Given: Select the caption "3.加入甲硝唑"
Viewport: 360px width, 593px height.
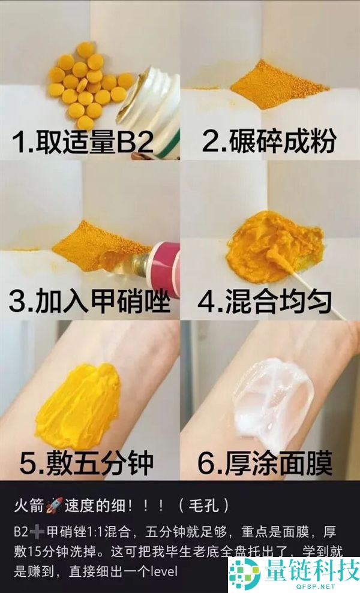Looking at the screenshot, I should point(89,302).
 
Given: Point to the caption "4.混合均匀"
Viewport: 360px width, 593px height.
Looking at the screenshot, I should point(265,302).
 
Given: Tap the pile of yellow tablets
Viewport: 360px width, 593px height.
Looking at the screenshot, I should point(87,84).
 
